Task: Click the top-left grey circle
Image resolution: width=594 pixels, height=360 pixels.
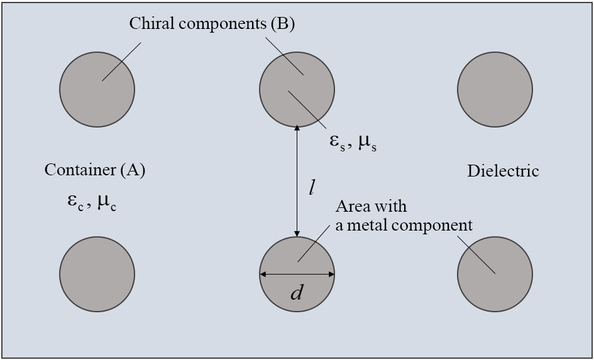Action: pos(97,89)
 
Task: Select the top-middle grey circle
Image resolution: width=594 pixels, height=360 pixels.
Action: pos(297,89)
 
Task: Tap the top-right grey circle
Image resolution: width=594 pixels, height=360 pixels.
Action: pos(495,89)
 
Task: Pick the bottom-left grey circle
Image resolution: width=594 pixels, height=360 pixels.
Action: pos(97,275)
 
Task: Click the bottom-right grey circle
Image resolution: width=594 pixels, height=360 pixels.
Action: pos(495,275)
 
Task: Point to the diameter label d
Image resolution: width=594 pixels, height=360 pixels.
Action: pos(297,292)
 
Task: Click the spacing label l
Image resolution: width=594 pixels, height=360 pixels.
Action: pos(312,187)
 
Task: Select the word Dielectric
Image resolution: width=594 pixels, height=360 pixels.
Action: pos(503,171)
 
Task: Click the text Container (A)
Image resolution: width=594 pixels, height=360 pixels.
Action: pos(95,170)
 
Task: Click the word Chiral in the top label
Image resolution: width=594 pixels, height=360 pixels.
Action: pos(148,24)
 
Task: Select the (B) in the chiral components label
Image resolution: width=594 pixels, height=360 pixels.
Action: pos(282,24)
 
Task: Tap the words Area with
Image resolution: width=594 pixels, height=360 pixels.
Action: pos(371,206)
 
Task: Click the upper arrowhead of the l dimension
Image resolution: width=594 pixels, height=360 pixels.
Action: pos(297,128)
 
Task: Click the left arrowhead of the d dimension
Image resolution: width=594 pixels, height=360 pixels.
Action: pos(263,274)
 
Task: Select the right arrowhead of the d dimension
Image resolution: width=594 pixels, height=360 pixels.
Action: pos(331,274)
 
